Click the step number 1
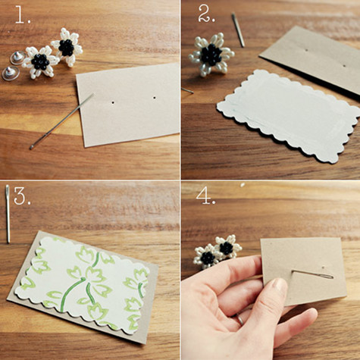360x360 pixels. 23,15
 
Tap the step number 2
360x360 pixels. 207,14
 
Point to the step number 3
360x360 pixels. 22,196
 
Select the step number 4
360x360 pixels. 206,196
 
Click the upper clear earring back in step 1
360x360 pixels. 17,58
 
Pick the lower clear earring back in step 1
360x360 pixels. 11,74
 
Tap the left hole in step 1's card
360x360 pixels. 113,103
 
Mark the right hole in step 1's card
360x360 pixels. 154,97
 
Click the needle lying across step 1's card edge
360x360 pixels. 62,121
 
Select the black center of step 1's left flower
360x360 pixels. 40,61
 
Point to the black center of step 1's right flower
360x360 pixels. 67,48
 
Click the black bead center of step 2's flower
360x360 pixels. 211,55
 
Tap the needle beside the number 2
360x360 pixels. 238,30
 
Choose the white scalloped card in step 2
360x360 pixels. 289,116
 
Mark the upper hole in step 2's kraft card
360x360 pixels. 306,50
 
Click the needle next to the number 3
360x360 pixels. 8,214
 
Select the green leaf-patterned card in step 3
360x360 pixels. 83,286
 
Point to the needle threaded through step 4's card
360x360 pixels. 313,274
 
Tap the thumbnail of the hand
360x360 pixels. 280,286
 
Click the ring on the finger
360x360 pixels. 239,319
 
